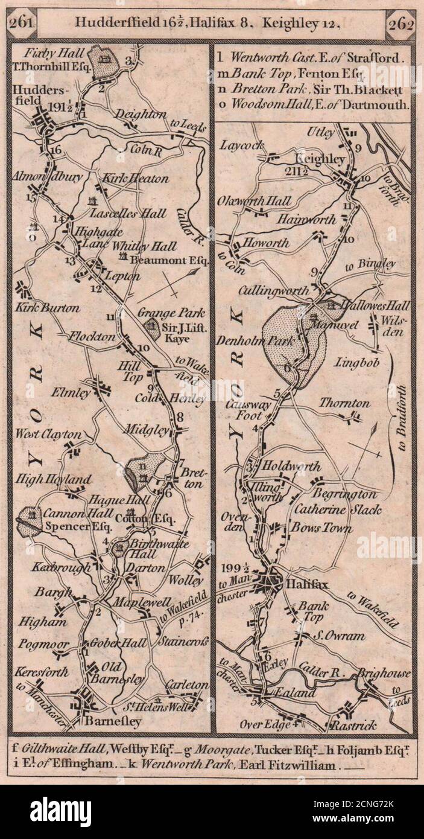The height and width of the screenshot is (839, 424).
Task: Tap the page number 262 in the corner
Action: pyautogui.click(x=400, y=24)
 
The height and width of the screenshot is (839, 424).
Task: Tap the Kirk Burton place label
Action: pyautogui.click(x=47, y=308)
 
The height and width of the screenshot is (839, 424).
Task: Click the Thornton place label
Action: pyautogui.click(x=344, y=403)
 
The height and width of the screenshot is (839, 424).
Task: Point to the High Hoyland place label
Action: pyautogui.click(x=53, y=480)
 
